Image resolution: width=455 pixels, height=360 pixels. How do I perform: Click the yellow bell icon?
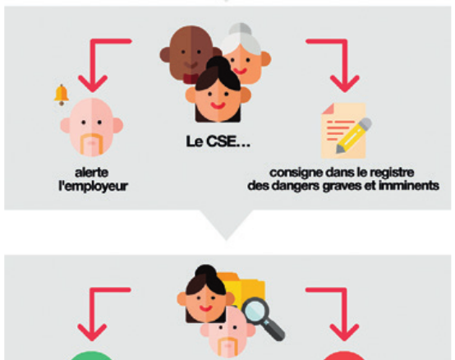[62, 95]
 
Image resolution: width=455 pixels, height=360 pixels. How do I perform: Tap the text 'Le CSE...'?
[218, 141]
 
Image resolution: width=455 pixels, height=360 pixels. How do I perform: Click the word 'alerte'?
[92, 173]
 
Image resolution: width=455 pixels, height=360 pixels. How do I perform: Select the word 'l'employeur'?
[93, 186]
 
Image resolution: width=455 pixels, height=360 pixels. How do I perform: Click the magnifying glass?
[264, 318]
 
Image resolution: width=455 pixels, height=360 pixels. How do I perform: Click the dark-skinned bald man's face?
[189, 53]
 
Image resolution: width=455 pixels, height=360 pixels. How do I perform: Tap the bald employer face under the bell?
[92, 127]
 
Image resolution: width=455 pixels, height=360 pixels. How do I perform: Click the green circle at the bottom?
[92, 356]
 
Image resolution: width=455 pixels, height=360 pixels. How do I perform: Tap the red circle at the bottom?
[344, 356]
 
